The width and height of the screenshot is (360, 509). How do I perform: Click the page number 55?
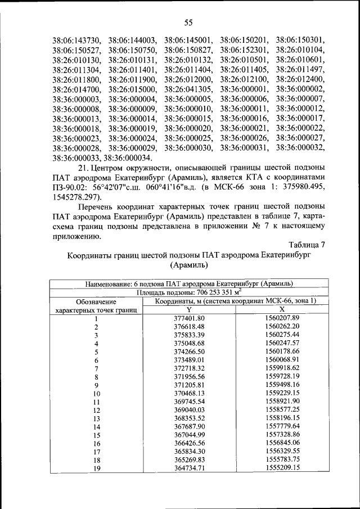[x=188, y=22]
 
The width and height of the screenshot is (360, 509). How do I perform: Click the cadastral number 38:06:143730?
[x=76, y=40]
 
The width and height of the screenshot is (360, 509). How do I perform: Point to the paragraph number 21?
[x=84, y=169]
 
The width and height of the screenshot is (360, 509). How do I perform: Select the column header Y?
[x=189, y=309]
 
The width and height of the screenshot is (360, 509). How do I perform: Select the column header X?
[x=282, y=309]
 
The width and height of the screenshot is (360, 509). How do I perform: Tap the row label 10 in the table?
[x=96, y=394]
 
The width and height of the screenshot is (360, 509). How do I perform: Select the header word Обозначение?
[x=96, y=301]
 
